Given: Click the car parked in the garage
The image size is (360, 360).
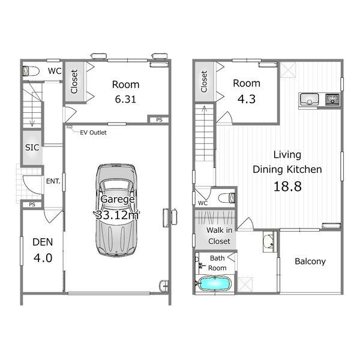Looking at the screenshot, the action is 116,210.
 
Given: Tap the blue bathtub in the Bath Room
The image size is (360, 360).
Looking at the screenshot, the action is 214,284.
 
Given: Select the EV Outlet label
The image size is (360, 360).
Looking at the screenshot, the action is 93,133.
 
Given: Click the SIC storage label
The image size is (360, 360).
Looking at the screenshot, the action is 32,148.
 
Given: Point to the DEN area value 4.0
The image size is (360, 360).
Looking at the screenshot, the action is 43,258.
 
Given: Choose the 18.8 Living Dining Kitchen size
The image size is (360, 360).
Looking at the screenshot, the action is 287,186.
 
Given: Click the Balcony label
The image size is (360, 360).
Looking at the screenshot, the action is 310,261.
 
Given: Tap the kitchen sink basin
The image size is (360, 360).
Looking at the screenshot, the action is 310,99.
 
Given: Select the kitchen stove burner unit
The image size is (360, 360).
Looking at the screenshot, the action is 332,99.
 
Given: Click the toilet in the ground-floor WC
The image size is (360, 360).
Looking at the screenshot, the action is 31,71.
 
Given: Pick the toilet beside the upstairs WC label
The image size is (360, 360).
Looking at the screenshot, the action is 227,198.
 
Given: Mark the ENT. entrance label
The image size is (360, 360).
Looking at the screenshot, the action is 53,181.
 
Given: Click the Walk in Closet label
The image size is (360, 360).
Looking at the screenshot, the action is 219,236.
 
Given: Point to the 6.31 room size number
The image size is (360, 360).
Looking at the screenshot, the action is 125,99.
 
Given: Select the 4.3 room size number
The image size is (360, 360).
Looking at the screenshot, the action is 247,99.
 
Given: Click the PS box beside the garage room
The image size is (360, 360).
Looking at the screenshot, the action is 159,119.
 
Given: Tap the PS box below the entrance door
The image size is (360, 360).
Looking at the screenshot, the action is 32,205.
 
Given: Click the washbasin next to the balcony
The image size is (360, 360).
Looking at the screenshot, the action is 269,242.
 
